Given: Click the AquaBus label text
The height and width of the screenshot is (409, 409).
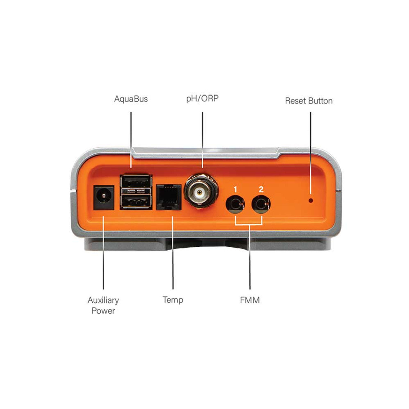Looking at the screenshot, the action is point(131,99).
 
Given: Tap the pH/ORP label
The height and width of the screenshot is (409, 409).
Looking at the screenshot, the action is point(202,99).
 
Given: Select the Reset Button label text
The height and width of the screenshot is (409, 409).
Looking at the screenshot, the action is point(309,101).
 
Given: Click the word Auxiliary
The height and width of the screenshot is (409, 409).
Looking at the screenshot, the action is point(103,301).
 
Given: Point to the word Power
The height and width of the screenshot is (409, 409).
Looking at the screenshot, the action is point(103,311).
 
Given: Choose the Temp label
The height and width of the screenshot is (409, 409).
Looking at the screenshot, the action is point(173,300).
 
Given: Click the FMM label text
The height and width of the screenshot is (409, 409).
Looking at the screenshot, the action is point(250,300).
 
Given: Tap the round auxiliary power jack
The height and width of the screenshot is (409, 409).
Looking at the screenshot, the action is point(104,198).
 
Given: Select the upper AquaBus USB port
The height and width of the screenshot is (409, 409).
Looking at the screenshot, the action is point(136,182).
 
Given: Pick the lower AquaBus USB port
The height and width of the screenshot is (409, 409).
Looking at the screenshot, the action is point(136,201).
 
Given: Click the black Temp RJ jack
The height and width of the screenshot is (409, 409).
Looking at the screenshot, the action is point(169,197).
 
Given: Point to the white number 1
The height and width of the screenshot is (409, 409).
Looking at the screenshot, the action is point(235,189).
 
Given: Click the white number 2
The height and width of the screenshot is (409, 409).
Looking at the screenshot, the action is point(261,189).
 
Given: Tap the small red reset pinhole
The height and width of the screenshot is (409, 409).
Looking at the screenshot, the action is point(311,200).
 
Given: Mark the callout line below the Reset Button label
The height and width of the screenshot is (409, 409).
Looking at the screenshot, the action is point(311,153).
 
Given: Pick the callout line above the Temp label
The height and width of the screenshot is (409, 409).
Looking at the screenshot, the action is point(173,253).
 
